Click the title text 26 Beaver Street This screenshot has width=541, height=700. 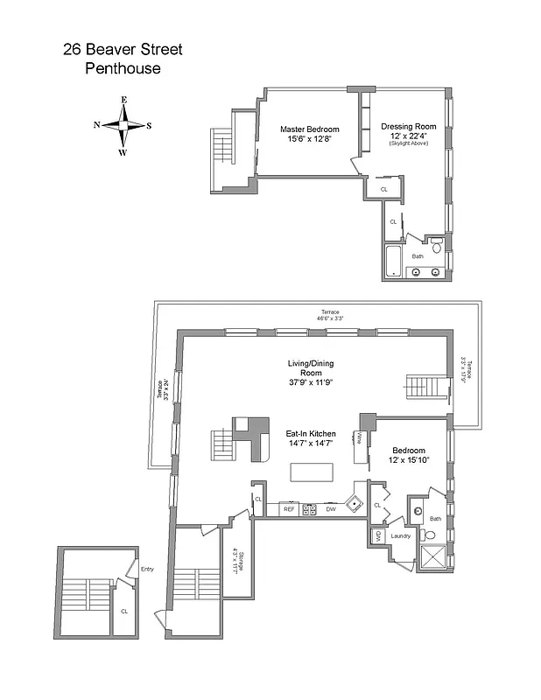pyautogui.click(x=123, y=49)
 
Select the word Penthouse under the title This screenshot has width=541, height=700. pyautogui.click(x=123, y=68)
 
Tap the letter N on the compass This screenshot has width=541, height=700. pyautogui.click(x=96, y=125)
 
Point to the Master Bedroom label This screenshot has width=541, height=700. pyautogui.click(x=309, y=129)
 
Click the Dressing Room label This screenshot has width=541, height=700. pyautogui.click(x=408, y=127)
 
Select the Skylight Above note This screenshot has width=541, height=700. pyautogui.click(x=408, y=143)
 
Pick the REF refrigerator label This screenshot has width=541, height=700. pyautogui.click(x=287, y=508)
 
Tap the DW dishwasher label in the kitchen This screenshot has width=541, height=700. pyautogui.click(x=330, y=508)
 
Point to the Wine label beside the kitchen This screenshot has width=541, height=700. pyautogui.click(x=360, y=437)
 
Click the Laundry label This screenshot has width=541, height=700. pyautogui.click(x=400, y=535)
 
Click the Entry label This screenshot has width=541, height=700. pyautogui.click(x=147, y=570)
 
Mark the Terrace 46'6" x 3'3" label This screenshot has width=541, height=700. pyautogui.click(x=330, y=315)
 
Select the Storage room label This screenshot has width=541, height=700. pyautogui.click(x=235, y=560)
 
